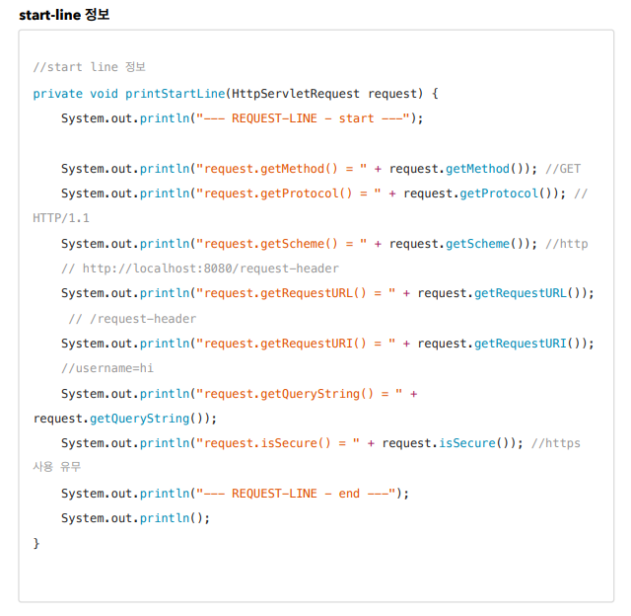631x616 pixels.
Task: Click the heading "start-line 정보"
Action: click(x=64, y=14)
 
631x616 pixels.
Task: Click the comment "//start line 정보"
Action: click(x=89, y=67)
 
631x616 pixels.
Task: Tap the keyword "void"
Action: click(x=105, y=93)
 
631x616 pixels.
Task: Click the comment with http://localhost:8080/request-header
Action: click(x=199, y=269)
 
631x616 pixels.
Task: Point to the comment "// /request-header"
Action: click(x=132, y=318)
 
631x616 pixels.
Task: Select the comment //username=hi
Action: click(x=106, y=368)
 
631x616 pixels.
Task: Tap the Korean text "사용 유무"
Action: click(x=55, y=468)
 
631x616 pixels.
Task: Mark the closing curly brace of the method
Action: click(x=36, y=543)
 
